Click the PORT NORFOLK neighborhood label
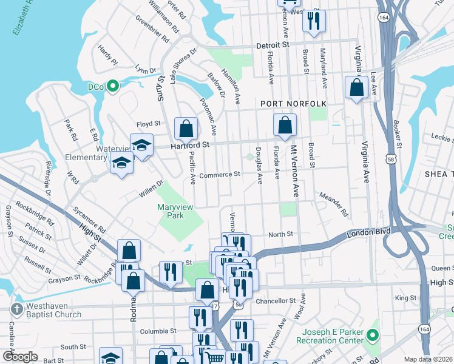tap(294, 104)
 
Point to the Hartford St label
tap(189, 146)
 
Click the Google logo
tap(20, 357)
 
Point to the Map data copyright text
tap(429, 359)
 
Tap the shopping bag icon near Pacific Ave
tap(186, 129)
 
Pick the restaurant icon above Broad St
tap(314, 21)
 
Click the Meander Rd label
tap(334, 205)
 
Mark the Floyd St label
tap(148, 123)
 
